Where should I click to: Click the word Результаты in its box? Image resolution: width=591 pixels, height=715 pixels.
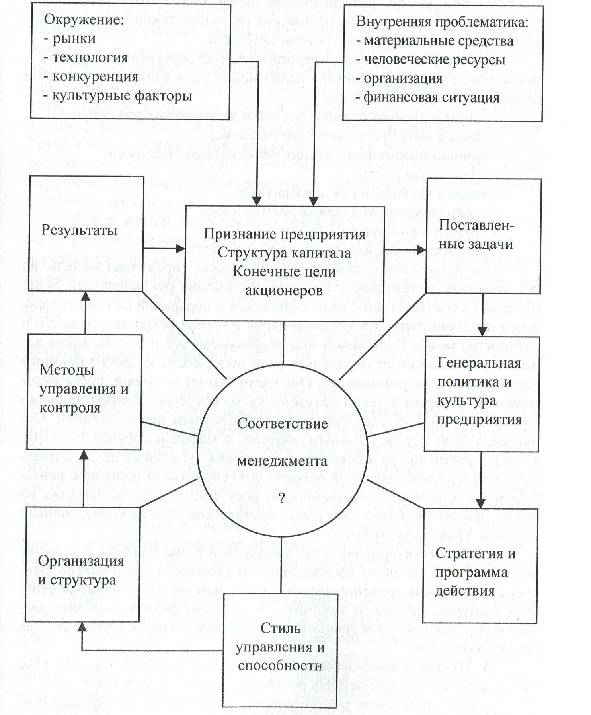(79, 231)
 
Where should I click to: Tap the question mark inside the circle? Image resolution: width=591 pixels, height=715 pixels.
(281, 498)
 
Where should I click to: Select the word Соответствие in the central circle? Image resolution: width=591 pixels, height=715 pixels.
(282, 423)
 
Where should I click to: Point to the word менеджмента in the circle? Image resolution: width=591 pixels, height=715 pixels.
(282, 461)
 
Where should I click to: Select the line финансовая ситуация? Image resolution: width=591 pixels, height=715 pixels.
(431, 98)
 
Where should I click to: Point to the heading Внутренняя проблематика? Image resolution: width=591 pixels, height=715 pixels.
(442, 22)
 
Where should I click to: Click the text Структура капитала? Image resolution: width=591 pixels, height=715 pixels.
(284, 253)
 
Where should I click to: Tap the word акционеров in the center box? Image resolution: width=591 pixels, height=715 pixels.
(283, 291)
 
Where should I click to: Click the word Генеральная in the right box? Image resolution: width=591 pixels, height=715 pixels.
(479, 363)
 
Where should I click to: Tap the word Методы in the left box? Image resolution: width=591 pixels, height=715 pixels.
(67, 370)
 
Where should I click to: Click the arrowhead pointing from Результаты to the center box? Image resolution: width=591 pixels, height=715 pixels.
(181, 249)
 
